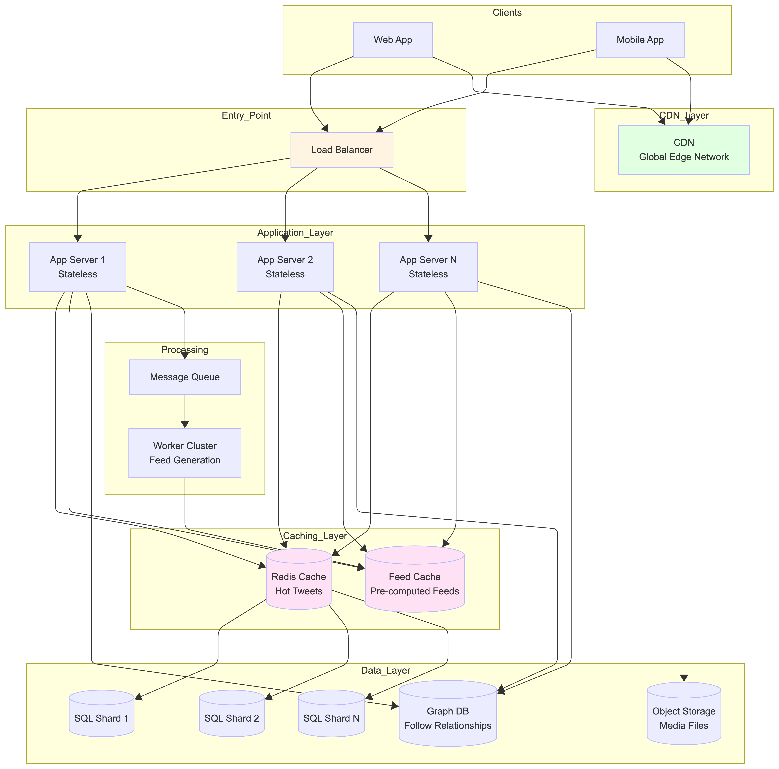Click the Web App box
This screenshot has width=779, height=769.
click(393, 40)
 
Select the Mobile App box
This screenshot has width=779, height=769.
click(640, 40)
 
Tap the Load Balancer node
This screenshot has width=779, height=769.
click(342, 150)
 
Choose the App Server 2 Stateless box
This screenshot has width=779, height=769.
click(285, 267)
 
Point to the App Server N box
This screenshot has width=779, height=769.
click(428, 267)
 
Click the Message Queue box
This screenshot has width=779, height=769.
click(185, 377)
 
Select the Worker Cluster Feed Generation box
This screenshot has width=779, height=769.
click(185, 453)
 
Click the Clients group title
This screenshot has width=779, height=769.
click(507, 13)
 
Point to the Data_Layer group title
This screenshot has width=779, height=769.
click(385, 670)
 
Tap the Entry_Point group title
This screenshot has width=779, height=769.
click(246, 115)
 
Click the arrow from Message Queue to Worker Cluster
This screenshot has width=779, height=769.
click(185, 411)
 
